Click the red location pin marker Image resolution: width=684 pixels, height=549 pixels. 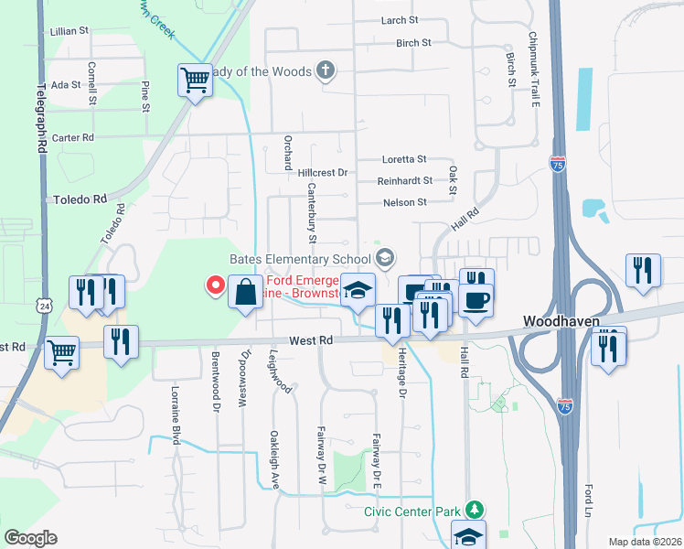point(217,285)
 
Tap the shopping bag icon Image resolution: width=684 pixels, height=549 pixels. point(245,293)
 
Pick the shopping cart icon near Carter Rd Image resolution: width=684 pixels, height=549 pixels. point(195,81)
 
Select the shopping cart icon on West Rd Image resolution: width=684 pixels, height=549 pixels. point(61,351)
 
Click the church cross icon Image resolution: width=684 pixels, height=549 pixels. point(325,70)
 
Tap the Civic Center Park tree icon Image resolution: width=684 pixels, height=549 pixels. point(474,510)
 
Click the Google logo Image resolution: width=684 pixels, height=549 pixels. point(30,537)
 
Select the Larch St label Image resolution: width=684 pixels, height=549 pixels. point(400,20)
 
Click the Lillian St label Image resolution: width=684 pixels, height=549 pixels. point(70,31)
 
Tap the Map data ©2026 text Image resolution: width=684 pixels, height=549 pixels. point(644,542)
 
